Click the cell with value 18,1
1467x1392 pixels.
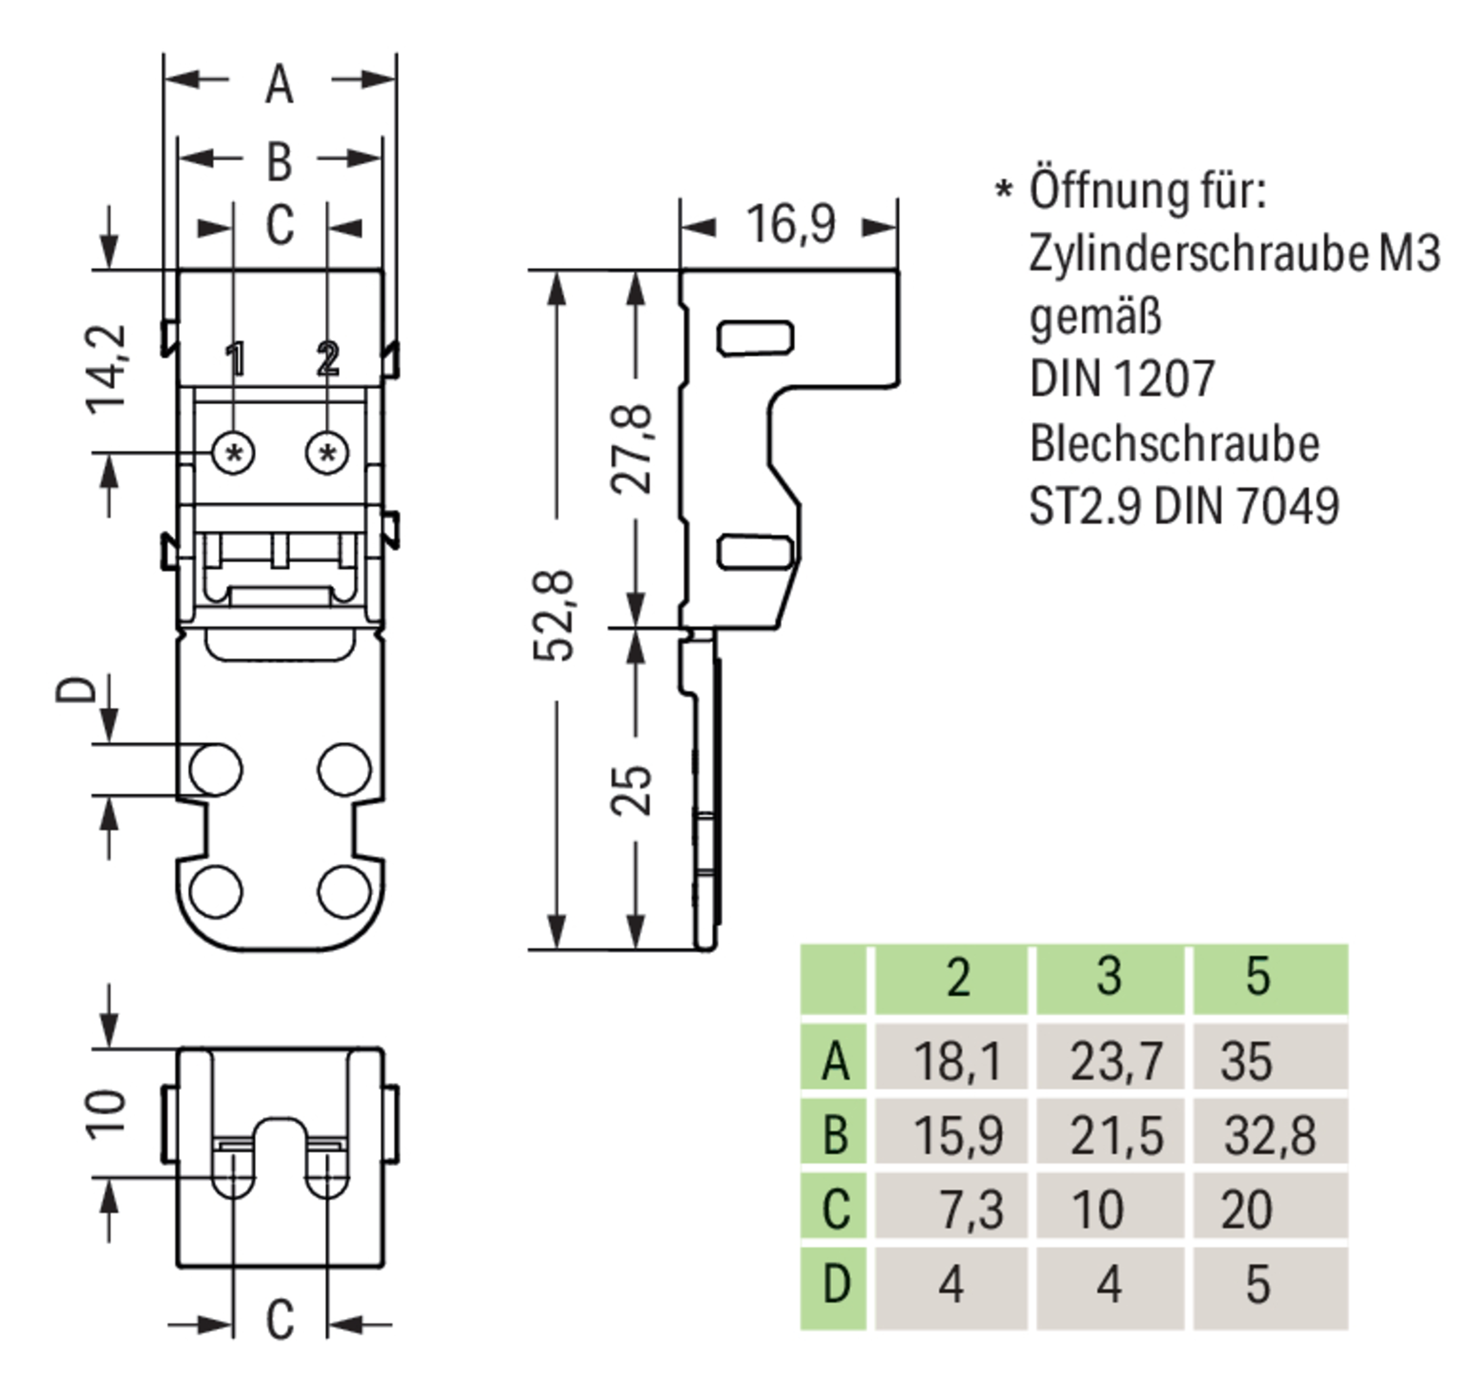(x=957, y=1061)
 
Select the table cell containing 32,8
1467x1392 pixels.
(x=1270, y=1135)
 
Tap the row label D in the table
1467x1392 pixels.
(x=835, y=1284)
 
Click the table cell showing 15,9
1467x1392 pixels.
(x=957, y=1135)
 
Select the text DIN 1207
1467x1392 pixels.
(x=1122, y=379)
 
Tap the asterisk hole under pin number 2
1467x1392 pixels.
(x=328, y=453)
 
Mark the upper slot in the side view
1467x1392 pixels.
(x=755, y=339)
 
